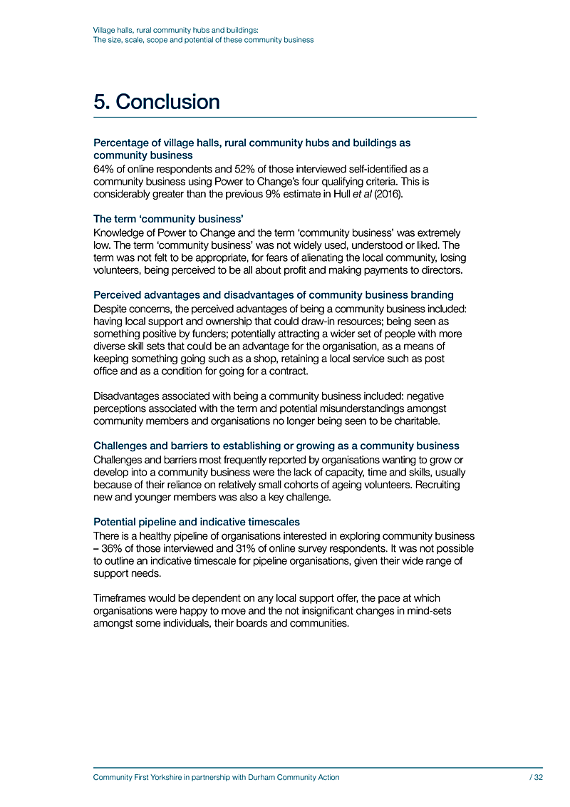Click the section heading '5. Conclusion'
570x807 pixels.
157,102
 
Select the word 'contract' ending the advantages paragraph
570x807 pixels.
291,372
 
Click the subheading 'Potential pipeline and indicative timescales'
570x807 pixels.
197,522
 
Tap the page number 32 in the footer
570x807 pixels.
539,778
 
